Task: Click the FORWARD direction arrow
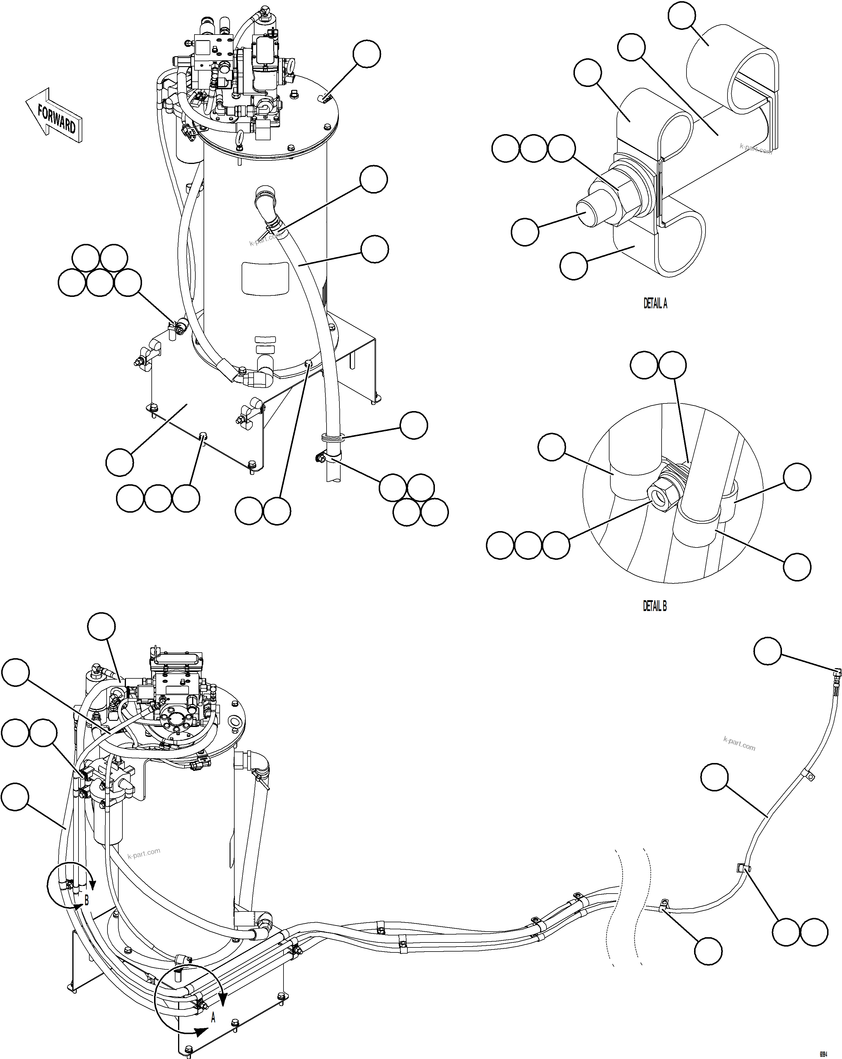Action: pos(54,117)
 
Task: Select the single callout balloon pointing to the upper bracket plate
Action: pos(120,462)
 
